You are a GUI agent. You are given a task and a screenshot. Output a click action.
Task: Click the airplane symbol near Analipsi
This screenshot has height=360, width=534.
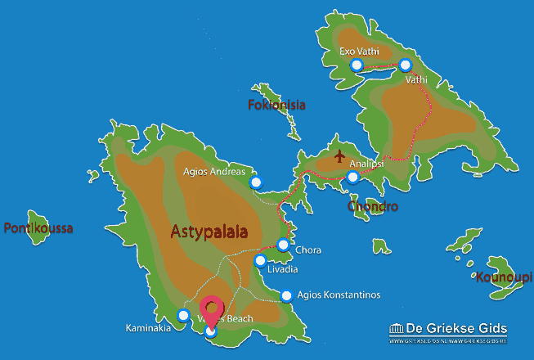point(339,155)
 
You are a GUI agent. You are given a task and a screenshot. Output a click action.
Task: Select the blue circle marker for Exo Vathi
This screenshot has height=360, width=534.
point(356,65)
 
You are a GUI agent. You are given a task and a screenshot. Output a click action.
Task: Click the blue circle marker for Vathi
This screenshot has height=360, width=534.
point(405,65)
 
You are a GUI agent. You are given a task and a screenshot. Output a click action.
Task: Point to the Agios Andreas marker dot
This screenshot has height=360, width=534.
point(256,182)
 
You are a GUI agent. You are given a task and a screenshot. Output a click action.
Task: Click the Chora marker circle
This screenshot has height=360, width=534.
point(283,244)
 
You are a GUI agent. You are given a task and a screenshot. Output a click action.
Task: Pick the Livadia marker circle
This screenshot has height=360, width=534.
point(260,261)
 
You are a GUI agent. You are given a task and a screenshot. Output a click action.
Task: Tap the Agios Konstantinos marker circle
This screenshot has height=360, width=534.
point(286,296)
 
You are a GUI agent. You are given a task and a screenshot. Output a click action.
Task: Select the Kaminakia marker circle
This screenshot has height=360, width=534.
point(183,315)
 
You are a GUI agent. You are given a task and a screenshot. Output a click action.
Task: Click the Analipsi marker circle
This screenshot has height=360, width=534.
point(352,177)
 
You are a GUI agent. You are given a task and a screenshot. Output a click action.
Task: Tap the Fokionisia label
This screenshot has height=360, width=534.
point(276,105)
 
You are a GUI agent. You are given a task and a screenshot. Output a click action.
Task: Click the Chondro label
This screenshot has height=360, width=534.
point(373,206)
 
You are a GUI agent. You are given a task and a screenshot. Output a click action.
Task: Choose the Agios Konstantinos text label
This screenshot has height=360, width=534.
point(339,295)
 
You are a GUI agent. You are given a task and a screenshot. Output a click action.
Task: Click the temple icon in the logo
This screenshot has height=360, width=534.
point(398,329)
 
